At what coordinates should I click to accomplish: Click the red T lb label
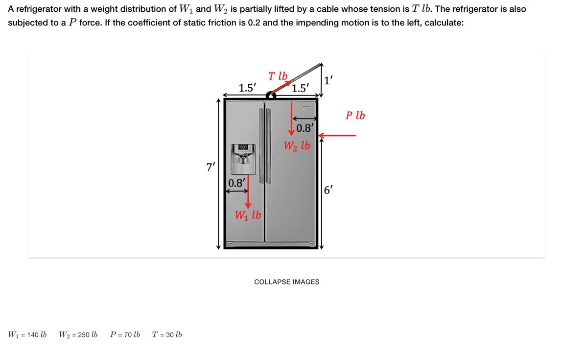coord(278,76)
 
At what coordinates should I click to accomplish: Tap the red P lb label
coord(355,116)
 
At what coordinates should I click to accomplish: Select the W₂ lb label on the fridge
coord(297,146)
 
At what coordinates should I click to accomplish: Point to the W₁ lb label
coord(248,215)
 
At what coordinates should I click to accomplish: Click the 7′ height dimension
coord(211,167)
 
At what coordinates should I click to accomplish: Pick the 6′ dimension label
coord(329,190)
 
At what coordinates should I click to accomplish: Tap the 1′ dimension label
coord(330,79)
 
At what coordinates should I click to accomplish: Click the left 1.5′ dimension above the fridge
coord(247,88)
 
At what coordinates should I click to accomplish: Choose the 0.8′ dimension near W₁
coord(237,183)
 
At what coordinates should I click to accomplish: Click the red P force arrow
coord(337,135)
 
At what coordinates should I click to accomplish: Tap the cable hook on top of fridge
coord(271,96)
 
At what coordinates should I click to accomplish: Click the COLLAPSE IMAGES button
coord(286,282)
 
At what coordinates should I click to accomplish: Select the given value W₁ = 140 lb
coord(27,335)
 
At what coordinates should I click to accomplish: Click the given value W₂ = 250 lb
coord(78,335)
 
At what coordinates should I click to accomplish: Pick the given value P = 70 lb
coord(125,335)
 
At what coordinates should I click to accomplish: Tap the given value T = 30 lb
coord(167,335)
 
